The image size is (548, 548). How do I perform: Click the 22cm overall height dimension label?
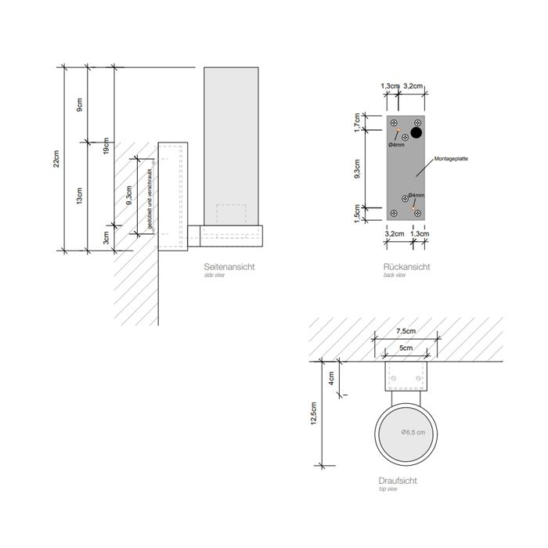[x=56, y=159]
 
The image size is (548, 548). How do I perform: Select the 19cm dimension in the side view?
[x=106, y=144]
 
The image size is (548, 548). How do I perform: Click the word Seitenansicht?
[x=228, y=267]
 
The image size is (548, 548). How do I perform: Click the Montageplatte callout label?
[x=449, y=159]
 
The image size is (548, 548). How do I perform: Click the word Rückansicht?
[x=406, y=267]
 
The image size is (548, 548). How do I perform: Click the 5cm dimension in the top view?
[x=405, y=348]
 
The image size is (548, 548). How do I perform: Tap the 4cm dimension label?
[x=332, y=377]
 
